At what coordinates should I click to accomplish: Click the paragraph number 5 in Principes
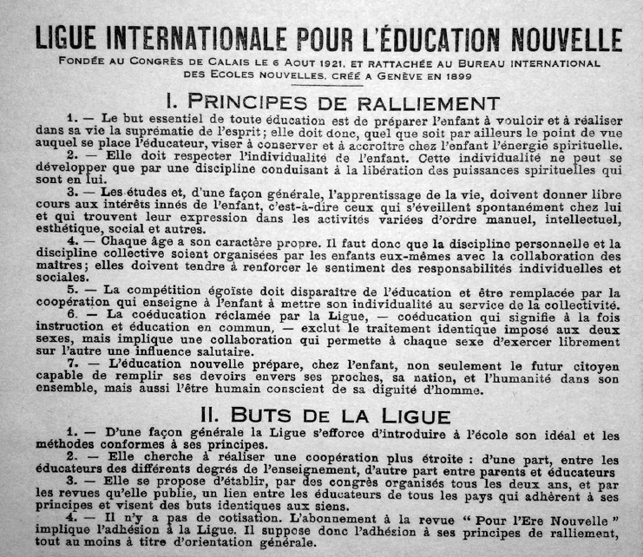70,292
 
